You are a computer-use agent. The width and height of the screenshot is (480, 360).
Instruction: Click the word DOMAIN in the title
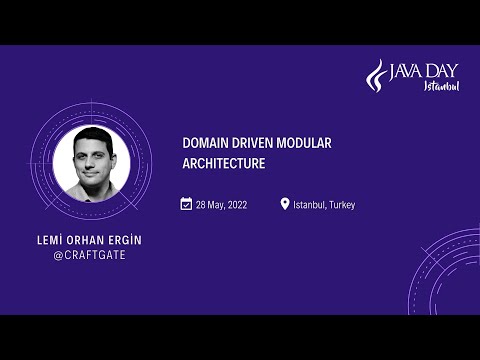(x=202, y=144)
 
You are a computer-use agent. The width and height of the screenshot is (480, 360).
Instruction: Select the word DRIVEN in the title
(x=251, y=144)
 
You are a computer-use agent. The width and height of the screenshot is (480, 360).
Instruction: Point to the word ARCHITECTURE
(x=223, y=163)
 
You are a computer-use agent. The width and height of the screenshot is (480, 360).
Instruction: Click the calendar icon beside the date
(x=186, y=204)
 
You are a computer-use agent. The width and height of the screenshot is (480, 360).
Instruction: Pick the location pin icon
(x=285, y=204)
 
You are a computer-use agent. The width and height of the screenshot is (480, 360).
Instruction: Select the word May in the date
(x=214, y=205)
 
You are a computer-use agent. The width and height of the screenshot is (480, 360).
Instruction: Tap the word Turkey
(x=340, y=205)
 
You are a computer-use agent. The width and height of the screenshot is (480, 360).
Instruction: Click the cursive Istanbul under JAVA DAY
(x=441, y=86)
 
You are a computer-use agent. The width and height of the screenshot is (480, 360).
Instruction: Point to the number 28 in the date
(x=201, y=205)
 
